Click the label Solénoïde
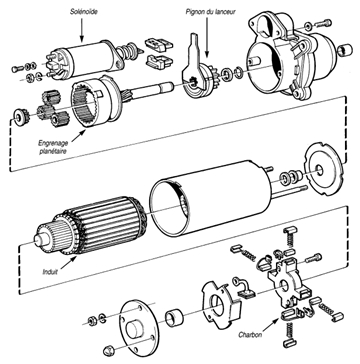[84, 12]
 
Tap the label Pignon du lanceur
[210, 12]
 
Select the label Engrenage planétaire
[53, 147]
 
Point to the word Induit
[50, 272]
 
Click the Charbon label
[250, 335]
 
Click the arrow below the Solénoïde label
[82, 31]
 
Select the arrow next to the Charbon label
[272, 324]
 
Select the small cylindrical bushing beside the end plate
[174, 319]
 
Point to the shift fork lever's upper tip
[194, 35]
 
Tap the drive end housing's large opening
[264, 69]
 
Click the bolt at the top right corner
[324, 23]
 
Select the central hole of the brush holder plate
[283, 286]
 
